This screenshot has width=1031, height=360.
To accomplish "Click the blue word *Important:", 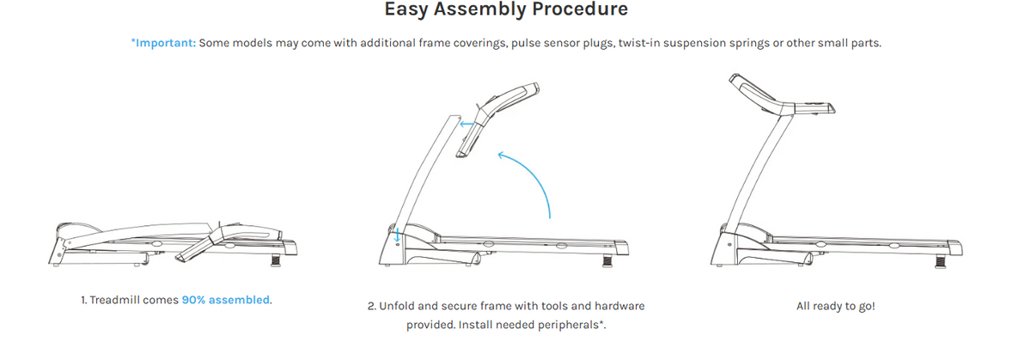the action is click(163, 43).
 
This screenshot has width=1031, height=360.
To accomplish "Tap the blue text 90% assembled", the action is click(225, 300).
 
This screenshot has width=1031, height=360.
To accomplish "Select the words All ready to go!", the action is click(835, 306).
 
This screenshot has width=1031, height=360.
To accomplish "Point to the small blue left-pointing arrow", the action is click(467, 124).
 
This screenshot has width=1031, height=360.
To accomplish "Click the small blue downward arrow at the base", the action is click(397, 235).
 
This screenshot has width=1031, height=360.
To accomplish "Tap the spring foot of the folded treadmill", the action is click(275, 260).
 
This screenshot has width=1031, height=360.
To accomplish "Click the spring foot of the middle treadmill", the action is click(607, 261).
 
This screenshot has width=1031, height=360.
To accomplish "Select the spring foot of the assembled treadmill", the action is click(940, 262).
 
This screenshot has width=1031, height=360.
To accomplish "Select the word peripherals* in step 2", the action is click(571, 325).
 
